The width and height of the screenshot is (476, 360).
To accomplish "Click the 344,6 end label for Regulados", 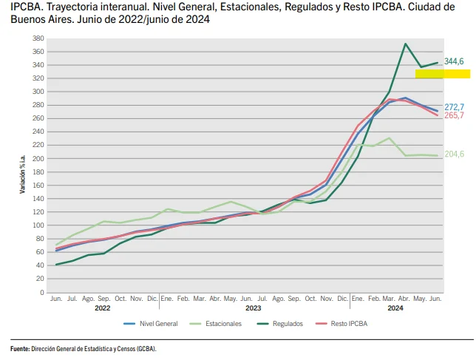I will click(x=453, y=61).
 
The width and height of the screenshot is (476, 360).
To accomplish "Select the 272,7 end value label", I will click(x=454, y=107).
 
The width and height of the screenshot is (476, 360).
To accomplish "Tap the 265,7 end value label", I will click(x=454, y=116).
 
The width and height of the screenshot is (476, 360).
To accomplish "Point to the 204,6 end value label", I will click(x=454, y=154).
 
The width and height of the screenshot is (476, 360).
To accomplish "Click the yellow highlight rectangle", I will click(x=442, y=74).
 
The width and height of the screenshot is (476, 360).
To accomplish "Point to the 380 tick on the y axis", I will click(x=38, y=38).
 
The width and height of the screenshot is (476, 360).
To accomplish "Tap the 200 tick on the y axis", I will click(x=38, y=158).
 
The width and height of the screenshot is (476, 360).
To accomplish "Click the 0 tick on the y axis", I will click(x=42, y=293).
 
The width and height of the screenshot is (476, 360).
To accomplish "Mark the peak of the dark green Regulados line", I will click(x=405, y=44).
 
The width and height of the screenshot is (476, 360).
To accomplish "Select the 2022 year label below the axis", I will click(x=103, y=308).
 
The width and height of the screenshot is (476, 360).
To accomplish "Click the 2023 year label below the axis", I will click(x=254, y=308).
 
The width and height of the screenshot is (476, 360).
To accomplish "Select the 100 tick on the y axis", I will click(x=38, y=225).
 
